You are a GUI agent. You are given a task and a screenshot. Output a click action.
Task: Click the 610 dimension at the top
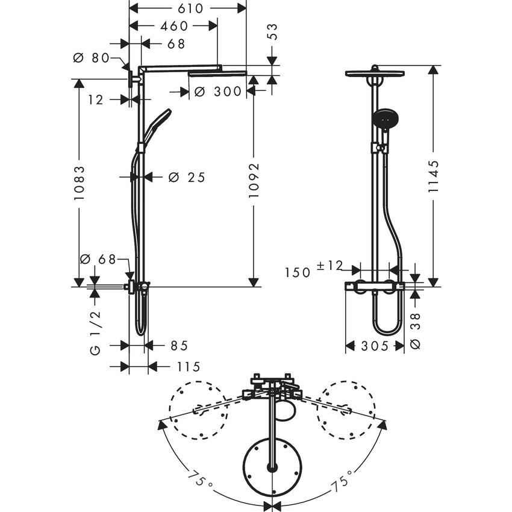pyautogui.click(x=188, y=8)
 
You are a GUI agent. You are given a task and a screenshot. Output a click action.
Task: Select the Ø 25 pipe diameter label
pyautogui.click(x=187, y=177)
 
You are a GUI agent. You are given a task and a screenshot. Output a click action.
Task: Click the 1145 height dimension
pyautogui.click(x=432, y=175)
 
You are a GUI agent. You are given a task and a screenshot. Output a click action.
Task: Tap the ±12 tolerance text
pyautogui.click(x=330, y=266)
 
